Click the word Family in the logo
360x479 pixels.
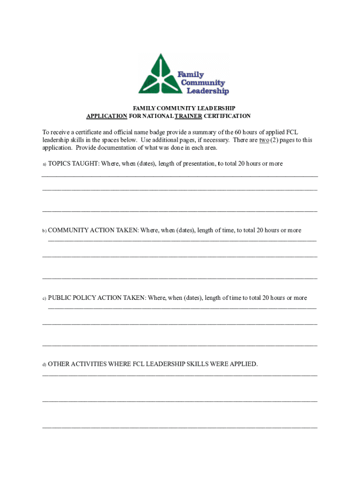(x=191, y=74)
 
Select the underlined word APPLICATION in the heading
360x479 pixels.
(x=107, y=116)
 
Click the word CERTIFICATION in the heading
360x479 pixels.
(x=227, y=116)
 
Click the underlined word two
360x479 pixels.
(x=264, y=140)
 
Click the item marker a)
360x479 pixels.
(x=44, y=164)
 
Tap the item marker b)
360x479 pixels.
(x=44, y=231)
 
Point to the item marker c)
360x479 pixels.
(x=44, y=298)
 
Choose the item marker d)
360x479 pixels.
(x=44, y=364)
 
